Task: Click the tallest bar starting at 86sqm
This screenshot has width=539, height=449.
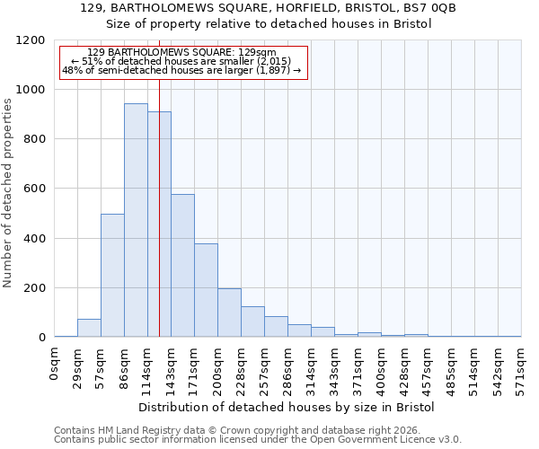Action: point(136,220)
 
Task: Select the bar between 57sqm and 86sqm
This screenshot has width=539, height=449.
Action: point(112,276)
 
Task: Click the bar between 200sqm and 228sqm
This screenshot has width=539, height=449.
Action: point(229,313)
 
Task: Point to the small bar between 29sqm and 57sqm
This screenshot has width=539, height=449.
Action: point(89,328)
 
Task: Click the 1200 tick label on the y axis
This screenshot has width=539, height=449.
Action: point(31,40)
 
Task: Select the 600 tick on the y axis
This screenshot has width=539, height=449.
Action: point(34,189)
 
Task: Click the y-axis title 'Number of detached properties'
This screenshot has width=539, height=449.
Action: point(8,193)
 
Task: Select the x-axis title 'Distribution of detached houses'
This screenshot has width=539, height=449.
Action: point(287,407)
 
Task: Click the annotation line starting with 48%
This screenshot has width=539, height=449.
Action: point(183,69)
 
